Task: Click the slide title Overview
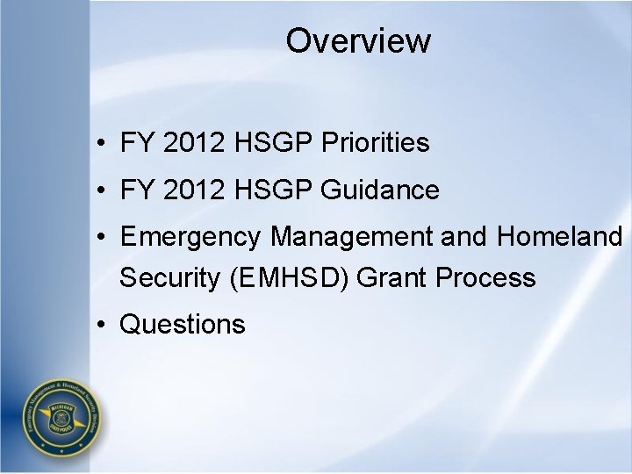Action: (358, 40)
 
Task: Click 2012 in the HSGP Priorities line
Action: (193, 143)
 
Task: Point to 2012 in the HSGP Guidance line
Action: (193, 189)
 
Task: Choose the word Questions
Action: (183, 325)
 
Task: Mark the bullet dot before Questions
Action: (104, 325)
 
